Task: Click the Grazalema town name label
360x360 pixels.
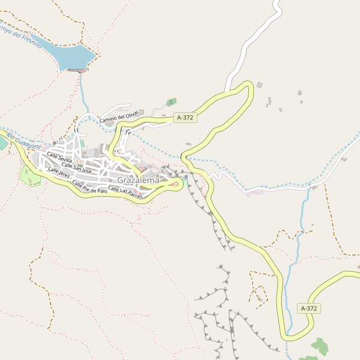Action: (x=139, y=180)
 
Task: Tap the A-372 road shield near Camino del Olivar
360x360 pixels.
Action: (x=185, y=118)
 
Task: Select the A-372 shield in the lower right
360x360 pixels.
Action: (x=308, y=308)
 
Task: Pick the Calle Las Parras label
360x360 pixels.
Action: (x=125, y=193)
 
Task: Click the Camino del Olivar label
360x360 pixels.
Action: (x=119, y=116)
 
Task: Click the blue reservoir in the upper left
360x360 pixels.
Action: (x=71, y=56)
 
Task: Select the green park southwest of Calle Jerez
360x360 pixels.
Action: (x=30, y=176)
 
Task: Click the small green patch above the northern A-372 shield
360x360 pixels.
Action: (x=172, y=101)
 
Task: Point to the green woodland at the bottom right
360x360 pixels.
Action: (x=320, y=347)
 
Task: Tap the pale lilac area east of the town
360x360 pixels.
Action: (x=254, y=193)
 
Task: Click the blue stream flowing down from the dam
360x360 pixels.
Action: (x=82, y=90)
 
